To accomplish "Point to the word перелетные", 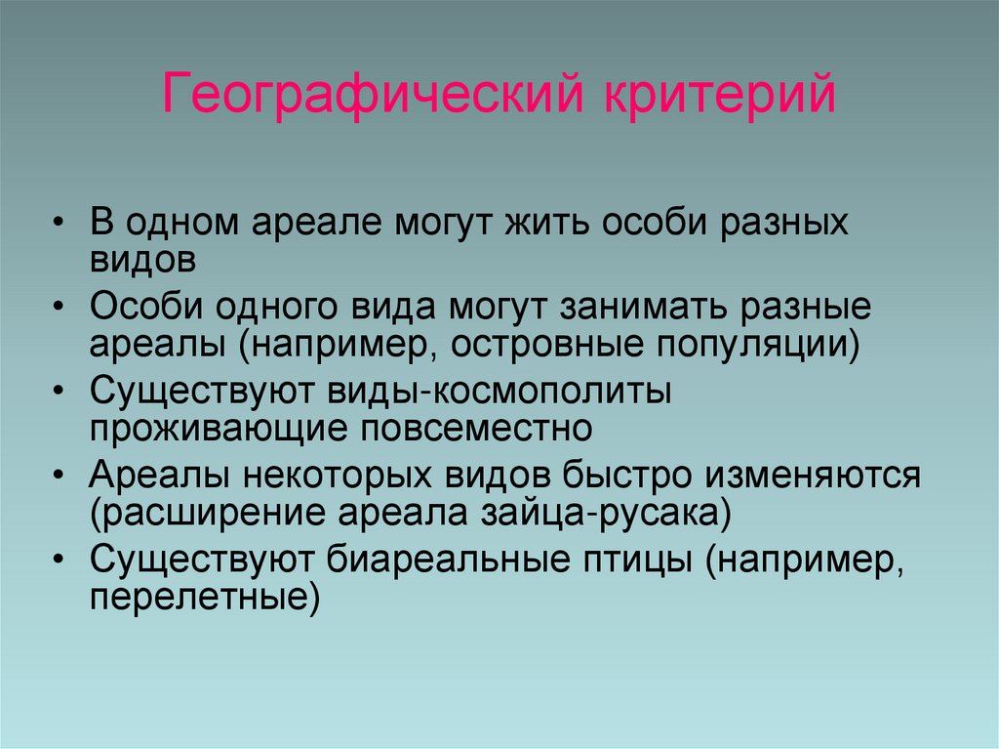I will (x=203, y=596).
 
